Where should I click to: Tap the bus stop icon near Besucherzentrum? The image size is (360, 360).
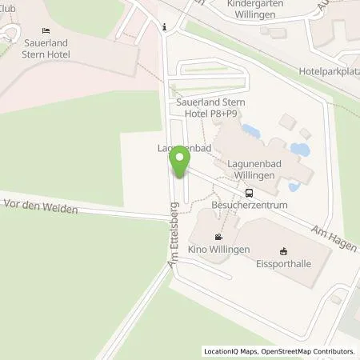tap(249, 192)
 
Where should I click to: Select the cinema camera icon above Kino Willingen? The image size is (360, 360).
tap(219, 237)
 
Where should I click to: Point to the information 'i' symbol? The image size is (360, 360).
tap(164, 26)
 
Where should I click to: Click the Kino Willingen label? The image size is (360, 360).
tap(219, 249)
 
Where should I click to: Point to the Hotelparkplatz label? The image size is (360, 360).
tap(328, 70)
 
